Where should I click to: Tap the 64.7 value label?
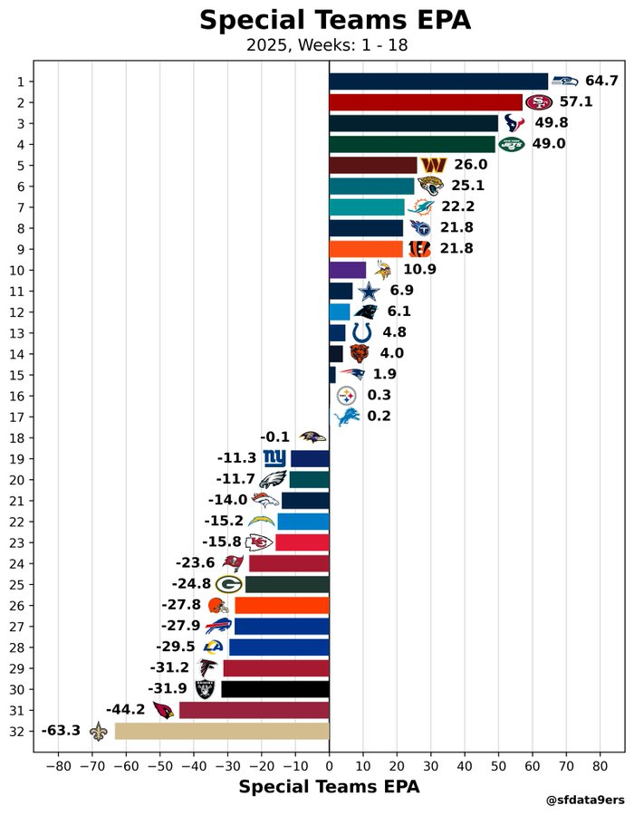pyautogui.click(x=601, y=81)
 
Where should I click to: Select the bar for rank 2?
pyautogui.click(x=426, y=102)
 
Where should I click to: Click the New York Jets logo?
pyautogui.click(x=512, y=144)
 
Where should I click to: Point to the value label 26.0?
pyautogui.click(x=471, y=165)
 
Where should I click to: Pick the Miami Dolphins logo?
pyautogui.click(x=420, y=207)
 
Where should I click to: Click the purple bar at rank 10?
pyautogui.click(x=348, y=270)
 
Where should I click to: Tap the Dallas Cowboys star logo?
pyautogui.click(x=368, y=292)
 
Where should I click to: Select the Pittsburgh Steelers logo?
pyautogui.click(x=347, y=396)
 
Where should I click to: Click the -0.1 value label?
pyautogui.click(x=275, y=437)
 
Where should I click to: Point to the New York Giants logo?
pyautogui.click(x=274, y=458)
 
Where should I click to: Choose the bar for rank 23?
pyautogui.click(x=303, y=542)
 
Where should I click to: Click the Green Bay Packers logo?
pyautogui.click(x=228, y=584)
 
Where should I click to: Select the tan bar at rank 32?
pyautogui.click(x=222, y=731)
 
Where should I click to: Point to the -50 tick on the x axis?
pyautogui.click(x=160, y=766)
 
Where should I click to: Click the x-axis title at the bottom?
pyautogui.click(x=329, y=788)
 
